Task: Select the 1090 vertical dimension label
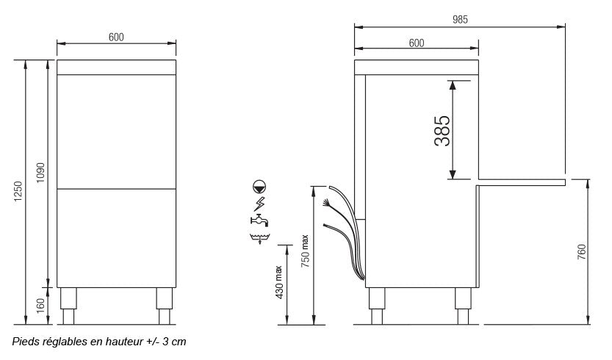click(41, 173)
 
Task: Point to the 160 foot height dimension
click(41, 304)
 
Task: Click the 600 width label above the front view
click(116, 37)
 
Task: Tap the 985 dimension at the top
click(460, 19)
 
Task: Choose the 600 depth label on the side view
click(416, 43)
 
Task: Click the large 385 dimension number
click(442, 129)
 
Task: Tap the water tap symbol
click(259, 220)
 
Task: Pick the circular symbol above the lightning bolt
click(259, 187)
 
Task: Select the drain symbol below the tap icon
click(259, 237)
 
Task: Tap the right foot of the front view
click(165, 305)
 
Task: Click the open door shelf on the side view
click(521, 181)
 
